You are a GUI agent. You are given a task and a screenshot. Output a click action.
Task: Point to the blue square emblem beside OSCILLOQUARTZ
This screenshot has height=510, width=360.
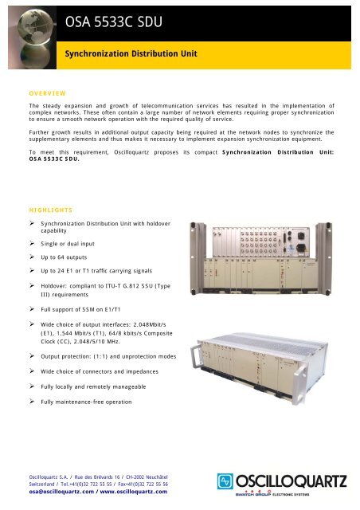[x=226, y=481]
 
